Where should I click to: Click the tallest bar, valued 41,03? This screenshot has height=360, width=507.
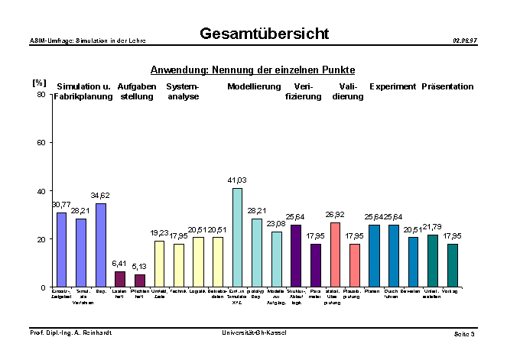tap(237, 237)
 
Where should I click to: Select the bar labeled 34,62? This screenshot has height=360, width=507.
tap(101, 245)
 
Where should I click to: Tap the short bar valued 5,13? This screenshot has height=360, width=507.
tap(140, 281)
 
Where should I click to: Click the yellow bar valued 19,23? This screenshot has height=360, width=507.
tap(159, 264)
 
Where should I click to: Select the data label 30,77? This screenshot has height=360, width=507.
tap(60, 205)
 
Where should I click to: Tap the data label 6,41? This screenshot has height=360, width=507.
tap(120, 263)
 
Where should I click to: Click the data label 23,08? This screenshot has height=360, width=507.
tap(276, 223)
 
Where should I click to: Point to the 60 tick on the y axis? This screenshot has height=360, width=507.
tap(42, 143)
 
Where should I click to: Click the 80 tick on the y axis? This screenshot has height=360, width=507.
tap(42, 95)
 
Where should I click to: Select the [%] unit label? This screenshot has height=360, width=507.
tap(39, 82)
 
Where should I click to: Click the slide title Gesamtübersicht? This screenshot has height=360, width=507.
tap(264, 34)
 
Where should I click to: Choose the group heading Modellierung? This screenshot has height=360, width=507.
tap(253, 86)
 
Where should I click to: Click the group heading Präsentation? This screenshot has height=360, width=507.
tap(447, 86)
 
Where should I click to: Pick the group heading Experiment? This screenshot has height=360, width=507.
tap(392, 86)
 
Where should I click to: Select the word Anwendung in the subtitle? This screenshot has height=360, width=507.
tap(176, 70)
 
